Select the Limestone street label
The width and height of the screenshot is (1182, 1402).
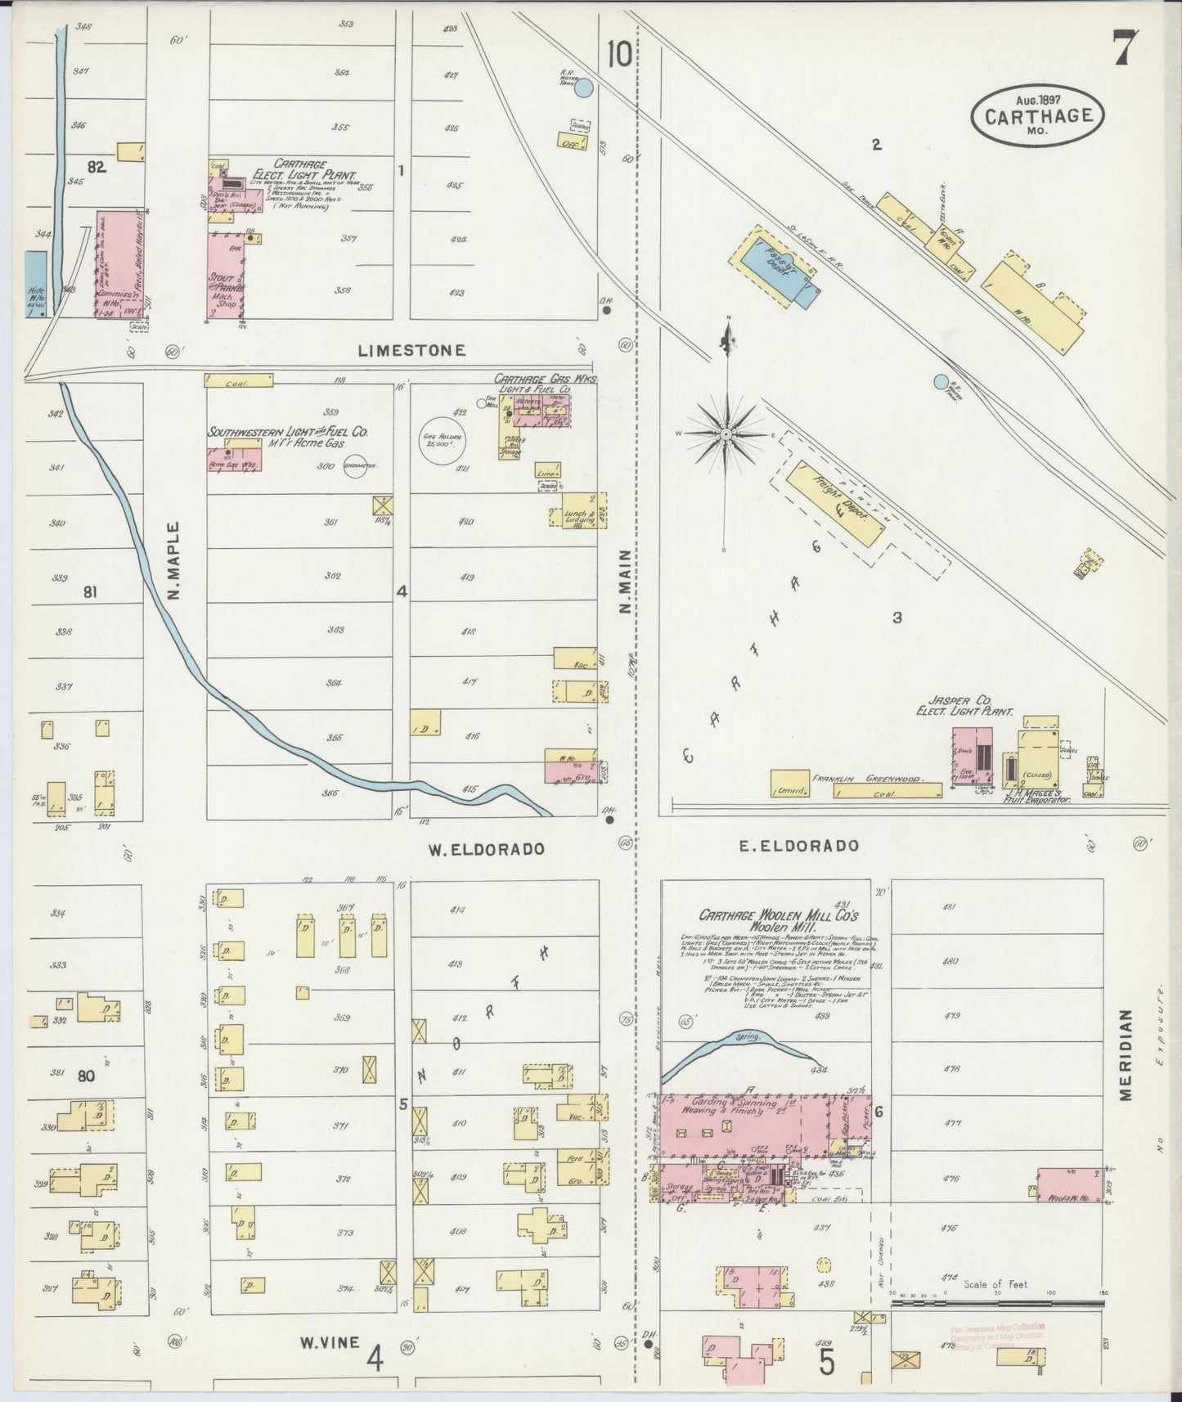coord(411,350)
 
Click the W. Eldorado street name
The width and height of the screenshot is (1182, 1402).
coord(486,849)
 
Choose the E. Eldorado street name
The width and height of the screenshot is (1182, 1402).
coord(798,846)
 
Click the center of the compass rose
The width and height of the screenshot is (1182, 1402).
coord(726,433)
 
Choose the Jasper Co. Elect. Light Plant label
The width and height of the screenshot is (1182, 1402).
coord(964,706)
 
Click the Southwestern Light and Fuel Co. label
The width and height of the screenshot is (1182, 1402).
coord(287,431)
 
